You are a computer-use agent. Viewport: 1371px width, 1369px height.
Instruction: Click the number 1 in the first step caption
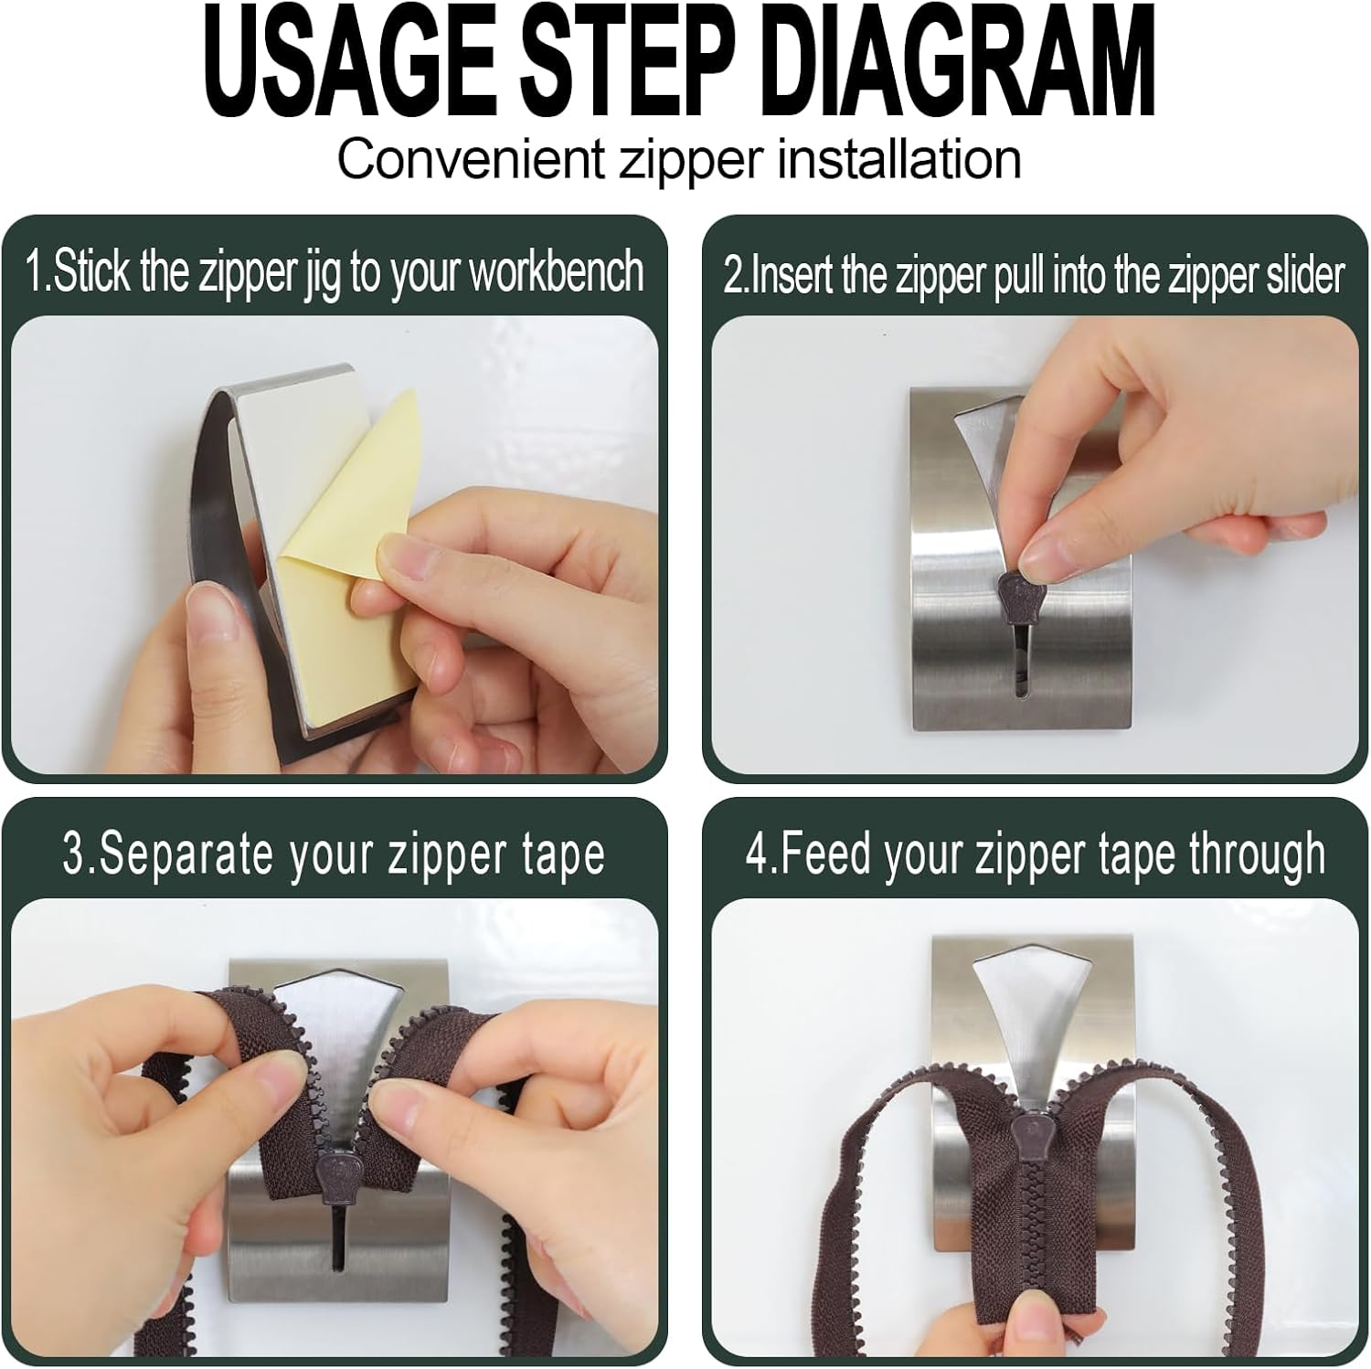tap(35, 272)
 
